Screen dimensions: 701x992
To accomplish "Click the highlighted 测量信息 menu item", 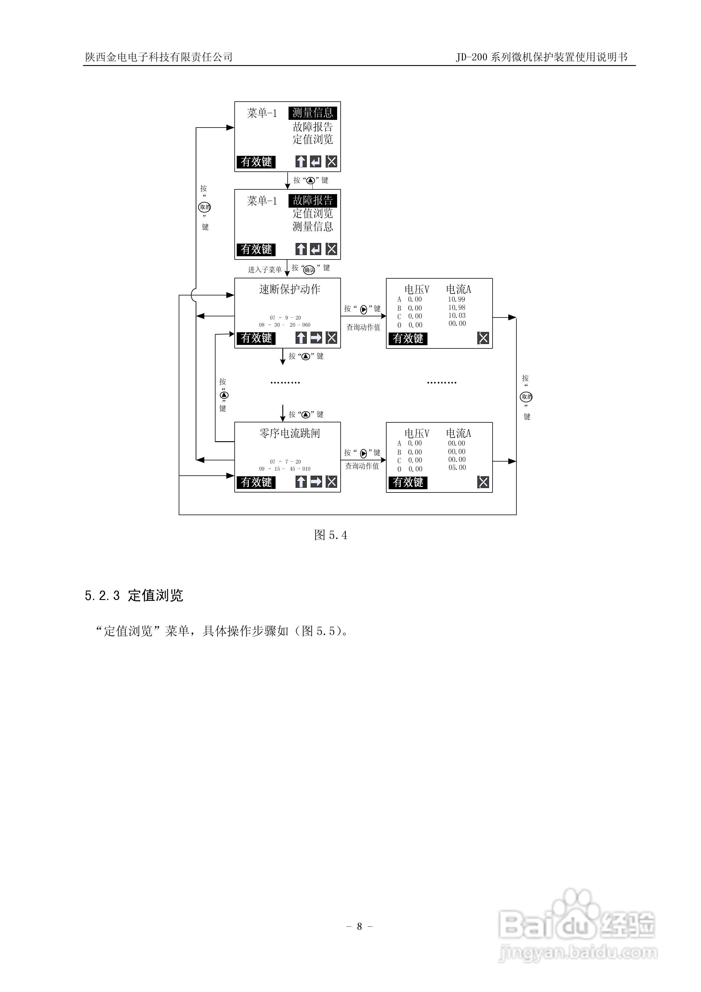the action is coord(312,113).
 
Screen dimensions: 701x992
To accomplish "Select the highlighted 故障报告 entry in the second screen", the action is coord(312,201).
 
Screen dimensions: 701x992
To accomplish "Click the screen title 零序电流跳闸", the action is coord(289,433).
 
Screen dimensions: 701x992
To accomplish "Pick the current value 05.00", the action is coord(457,467).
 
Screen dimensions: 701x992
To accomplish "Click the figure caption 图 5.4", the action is coord(330,535).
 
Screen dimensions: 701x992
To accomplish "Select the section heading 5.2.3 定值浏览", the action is coord(134,595).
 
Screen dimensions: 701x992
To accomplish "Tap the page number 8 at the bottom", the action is coord(359,926).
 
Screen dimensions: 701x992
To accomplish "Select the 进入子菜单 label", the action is coord(264,270).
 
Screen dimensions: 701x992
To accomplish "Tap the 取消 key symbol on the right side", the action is coord(526,397).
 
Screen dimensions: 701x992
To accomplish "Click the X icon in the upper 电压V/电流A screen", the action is coord(483,338).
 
